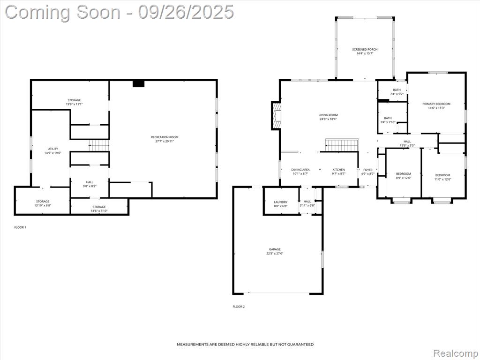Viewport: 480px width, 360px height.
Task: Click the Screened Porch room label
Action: (x=365, y=49)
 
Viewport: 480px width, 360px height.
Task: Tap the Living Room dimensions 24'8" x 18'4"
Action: (x=328, y=119)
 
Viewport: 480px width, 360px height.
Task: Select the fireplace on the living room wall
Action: (x=276, y=115)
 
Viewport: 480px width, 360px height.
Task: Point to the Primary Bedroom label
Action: (x=436, y=104)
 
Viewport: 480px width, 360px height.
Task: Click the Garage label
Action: (x=275, y=249)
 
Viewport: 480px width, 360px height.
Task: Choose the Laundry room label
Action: (x=281, y=202)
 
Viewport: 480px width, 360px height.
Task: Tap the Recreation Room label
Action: (x=165, y=137)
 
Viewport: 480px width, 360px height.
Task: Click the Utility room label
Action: (x=52, y=149)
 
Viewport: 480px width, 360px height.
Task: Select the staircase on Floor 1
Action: (x=99, y=145)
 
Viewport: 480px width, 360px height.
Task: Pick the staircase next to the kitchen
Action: (x=342, y=145)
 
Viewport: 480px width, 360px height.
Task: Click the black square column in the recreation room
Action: (x=138, y=83)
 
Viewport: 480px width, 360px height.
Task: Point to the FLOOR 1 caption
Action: (x=20, y=227)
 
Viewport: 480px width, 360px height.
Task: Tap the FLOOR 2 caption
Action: (x=239, y=307)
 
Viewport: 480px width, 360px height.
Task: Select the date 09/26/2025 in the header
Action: (x=186, y=12)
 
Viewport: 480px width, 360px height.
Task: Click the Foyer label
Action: (x=367, y=170)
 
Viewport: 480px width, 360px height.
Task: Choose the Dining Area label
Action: (x=300, y=170)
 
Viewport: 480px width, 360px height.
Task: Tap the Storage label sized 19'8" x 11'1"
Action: (x=74, y=100)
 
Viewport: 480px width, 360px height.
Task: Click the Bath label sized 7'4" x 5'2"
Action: (x=397, y=90)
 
